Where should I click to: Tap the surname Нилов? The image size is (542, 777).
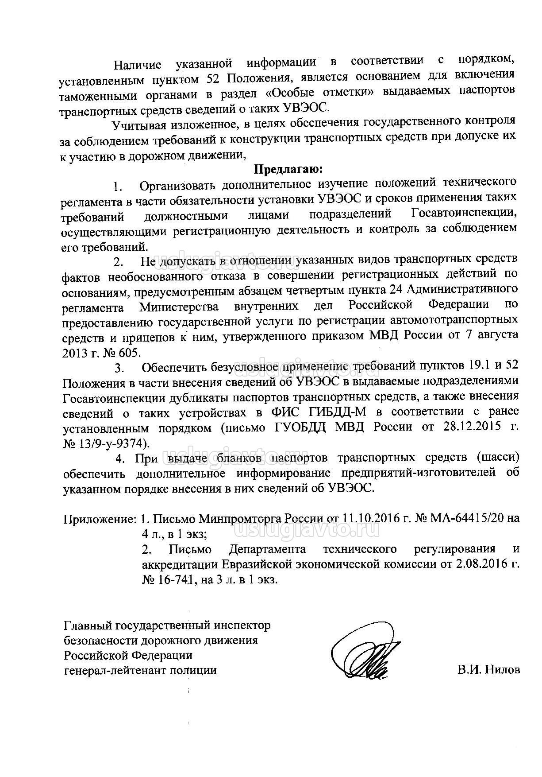[502, 670]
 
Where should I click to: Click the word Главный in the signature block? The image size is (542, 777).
[88, 626]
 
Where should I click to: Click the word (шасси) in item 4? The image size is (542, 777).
[498, 457]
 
